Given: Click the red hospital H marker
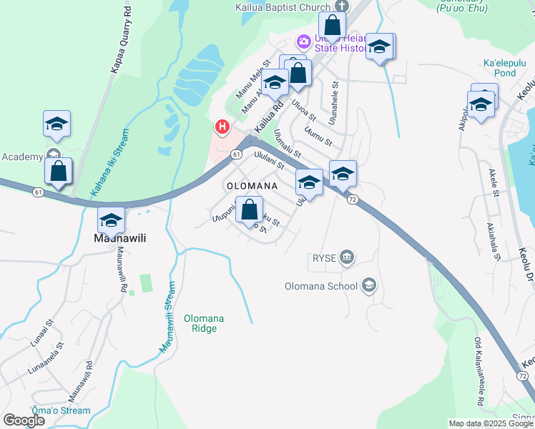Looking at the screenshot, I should click(x=222, y=127).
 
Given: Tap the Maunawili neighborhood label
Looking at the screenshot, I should click(x=120, y=238).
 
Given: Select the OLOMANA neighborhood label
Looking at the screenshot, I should click(x=252, y=186).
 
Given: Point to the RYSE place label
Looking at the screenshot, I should click(x=324, y=257).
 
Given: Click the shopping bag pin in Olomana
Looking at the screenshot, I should click(x=249, y=211).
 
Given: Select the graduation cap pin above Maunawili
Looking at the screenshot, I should click(x=111, y=220).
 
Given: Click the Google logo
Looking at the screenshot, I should click(x=24, y=420).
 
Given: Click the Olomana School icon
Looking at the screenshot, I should click(x=368, y=286).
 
